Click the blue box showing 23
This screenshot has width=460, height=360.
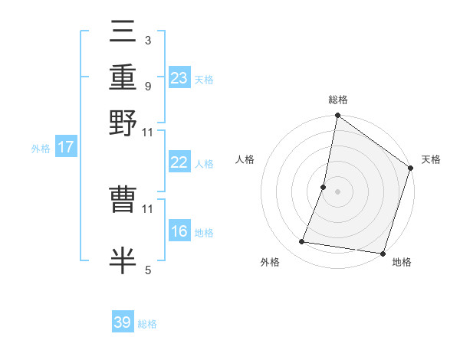[x=179, y=78]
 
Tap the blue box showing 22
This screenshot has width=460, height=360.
[x=179, y=162]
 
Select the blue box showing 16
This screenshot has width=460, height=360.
[x=179, y=232]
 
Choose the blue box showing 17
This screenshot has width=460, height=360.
[x=65, y=147]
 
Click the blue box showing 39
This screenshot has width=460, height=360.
[x=123, y=322]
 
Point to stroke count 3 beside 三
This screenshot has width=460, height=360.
[x=147, y=40]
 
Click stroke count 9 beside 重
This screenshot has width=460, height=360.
[x=147, y=86]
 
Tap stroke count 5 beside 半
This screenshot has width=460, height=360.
[x=147, y=270]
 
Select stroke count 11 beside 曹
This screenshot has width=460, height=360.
[x=147, y=208]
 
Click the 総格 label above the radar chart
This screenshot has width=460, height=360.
[x=337, y=100]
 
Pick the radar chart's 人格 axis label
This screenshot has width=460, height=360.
[x=245, y=159]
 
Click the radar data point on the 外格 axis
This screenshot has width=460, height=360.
[x=302, y=242]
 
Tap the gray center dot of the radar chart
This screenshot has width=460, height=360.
[x=337, y=191]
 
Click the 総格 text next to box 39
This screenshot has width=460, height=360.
[x=147, y=324]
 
